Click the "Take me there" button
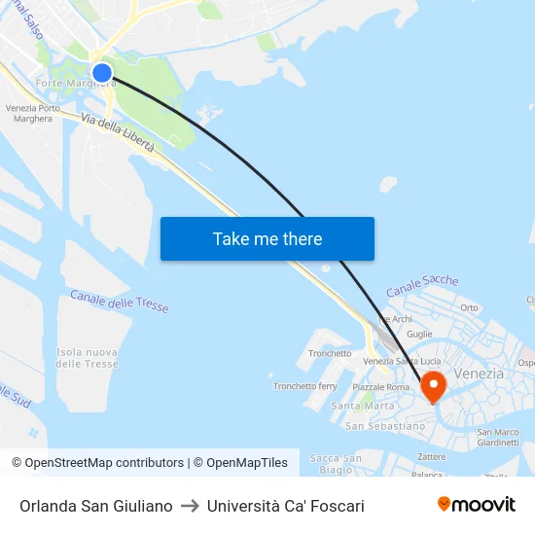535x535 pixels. (x=267, y=238)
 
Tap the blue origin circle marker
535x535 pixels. (x=102, y=72)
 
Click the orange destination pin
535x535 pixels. (x=433, y=386)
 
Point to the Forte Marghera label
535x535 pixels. (x=75, y=84)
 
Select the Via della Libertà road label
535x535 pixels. (x=118, y=132)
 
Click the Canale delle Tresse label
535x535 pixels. (x=120, y=302)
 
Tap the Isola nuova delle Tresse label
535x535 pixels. (x=87, y=358)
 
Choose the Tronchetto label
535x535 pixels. (x=330, y=354)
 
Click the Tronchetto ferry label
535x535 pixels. (x=304, y=386)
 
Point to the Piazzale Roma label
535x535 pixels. (x=381, y=387)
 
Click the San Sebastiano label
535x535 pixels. (x=385, y=426)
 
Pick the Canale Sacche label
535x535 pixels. (x=422, y=286)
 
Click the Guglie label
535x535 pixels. (x=419, y=334)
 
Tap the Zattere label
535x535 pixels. (x=431, y=455)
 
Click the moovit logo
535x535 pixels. (x=476, y=505)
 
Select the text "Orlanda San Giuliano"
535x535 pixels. (x=96, y=506)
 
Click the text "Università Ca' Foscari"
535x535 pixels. (x=286, y=506)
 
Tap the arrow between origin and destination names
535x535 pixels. (x=190, y=506)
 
